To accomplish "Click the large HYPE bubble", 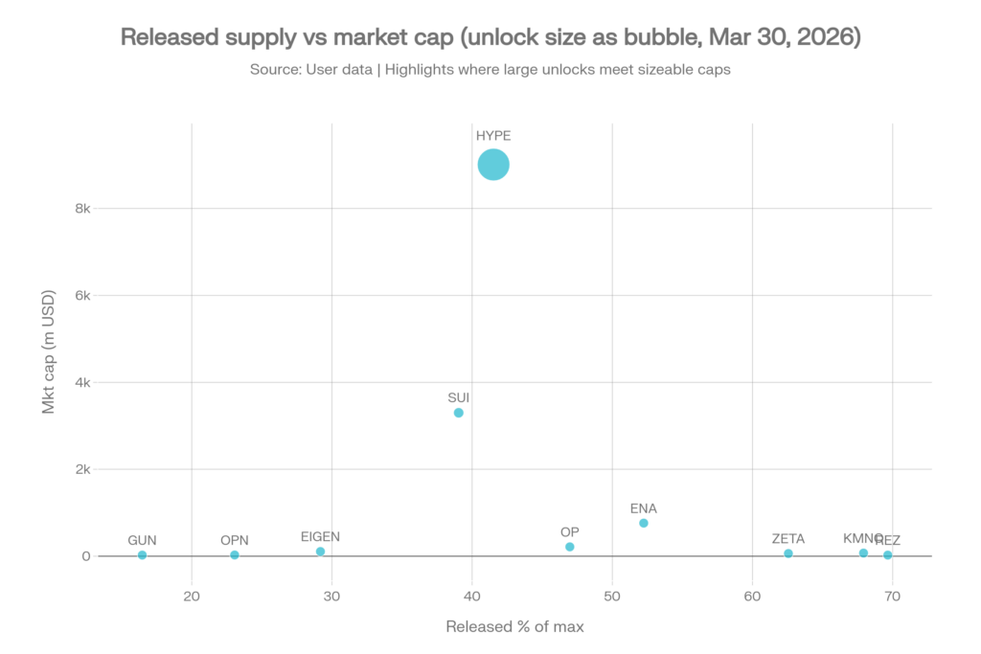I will click(x=492, y=165).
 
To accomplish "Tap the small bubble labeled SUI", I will click(x=458, y=413).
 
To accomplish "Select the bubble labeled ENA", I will click(x=644, y=523).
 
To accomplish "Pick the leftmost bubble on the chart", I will click(x=142, y=554).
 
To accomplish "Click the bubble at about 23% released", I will click(x=234, y=554).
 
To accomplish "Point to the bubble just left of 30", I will click(x=320, y=551).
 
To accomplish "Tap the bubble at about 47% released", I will click(x=569, y=547).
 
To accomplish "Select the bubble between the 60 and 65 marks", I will click(x=787, y=553).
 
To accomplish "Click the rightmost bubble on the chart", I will click(x=887, y=554).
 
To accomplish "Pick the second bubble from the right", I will click(x=863, y=553).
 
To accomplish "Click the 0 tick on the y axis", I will click(x=85, y=555).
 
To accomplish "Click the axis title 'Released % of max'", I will click(x=514, y=627).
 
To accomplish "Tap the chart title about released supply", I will click(x=490, y=37).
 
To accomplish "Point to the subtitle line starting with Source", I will click(x=490, y=70).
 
